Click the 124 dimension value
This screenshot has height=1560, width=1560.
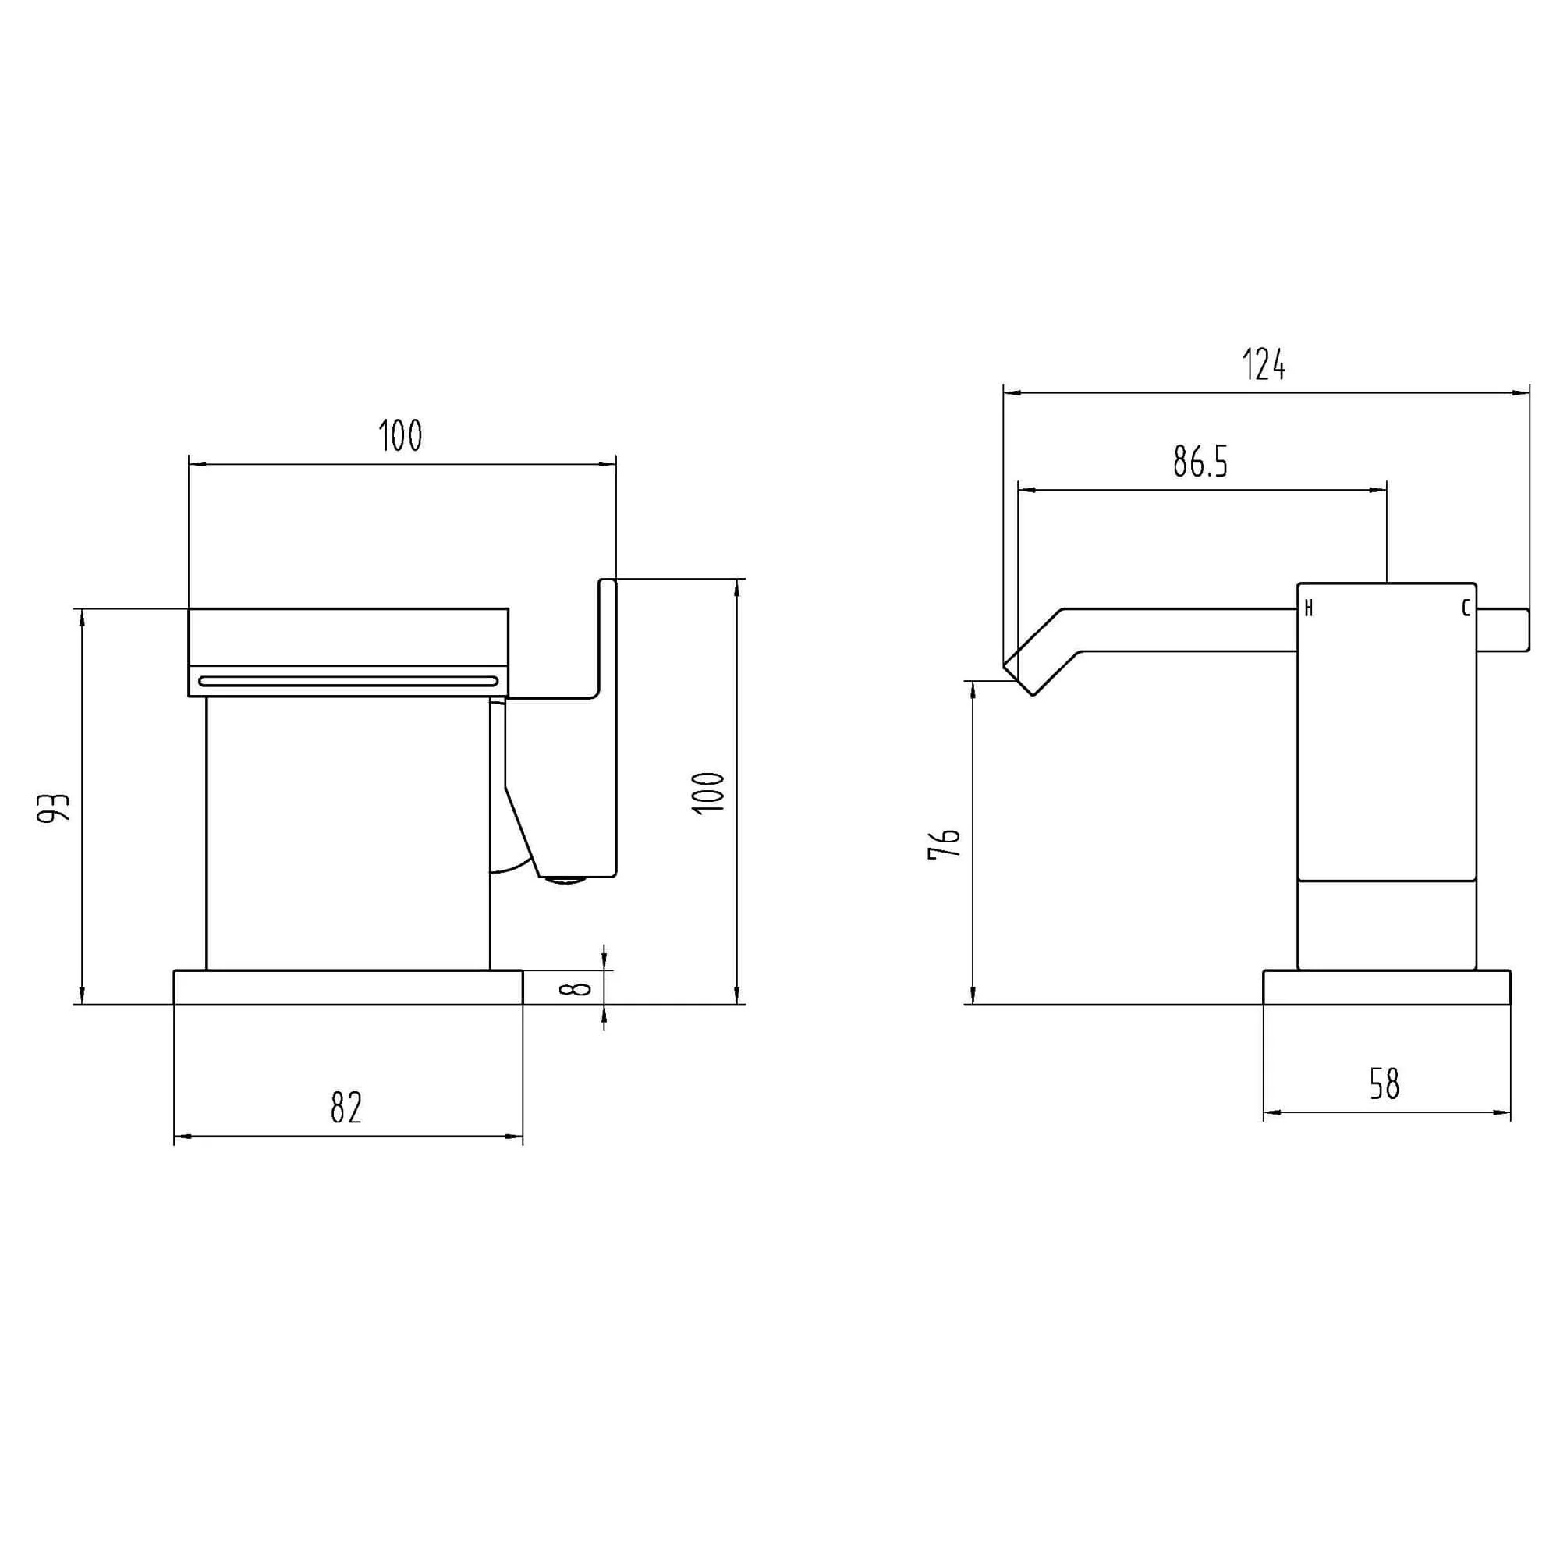tap(1264, 365)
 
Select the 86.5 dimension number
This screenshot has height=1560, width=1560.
tap(1200, 462)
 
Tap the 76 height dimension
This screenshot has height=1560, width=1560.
tap(945, 842)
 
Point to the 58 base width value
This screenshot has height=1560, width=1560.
tap(1384, 1084)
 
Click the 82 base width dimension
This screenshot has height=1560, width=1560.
tap(346, 1108)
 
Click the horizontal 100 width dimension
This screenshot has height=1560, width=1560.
tap(400, 436)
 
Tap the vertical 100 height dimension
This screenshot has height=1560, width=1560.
tap(710, 793)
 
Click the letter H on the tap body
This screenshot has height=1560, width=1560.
tap(1309, 608)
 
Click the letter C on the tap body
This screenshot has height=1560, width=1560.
tap(1466, 609)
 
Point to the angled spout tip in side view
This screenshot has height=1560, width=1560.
tap(1019, 679)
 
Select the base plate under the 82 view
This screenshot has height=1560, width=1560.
tap(348, 987)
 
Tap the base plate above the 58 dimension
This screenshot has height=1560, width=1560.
tap(1386, 987)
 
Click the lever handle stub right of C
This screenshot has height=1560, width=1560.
tap(1503, 629)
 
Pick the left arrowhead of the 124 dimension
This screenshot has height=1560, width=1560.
tap(1009, 393)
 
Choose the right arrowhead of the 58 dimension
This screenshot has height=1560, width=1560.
tap(1504, 1114)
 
